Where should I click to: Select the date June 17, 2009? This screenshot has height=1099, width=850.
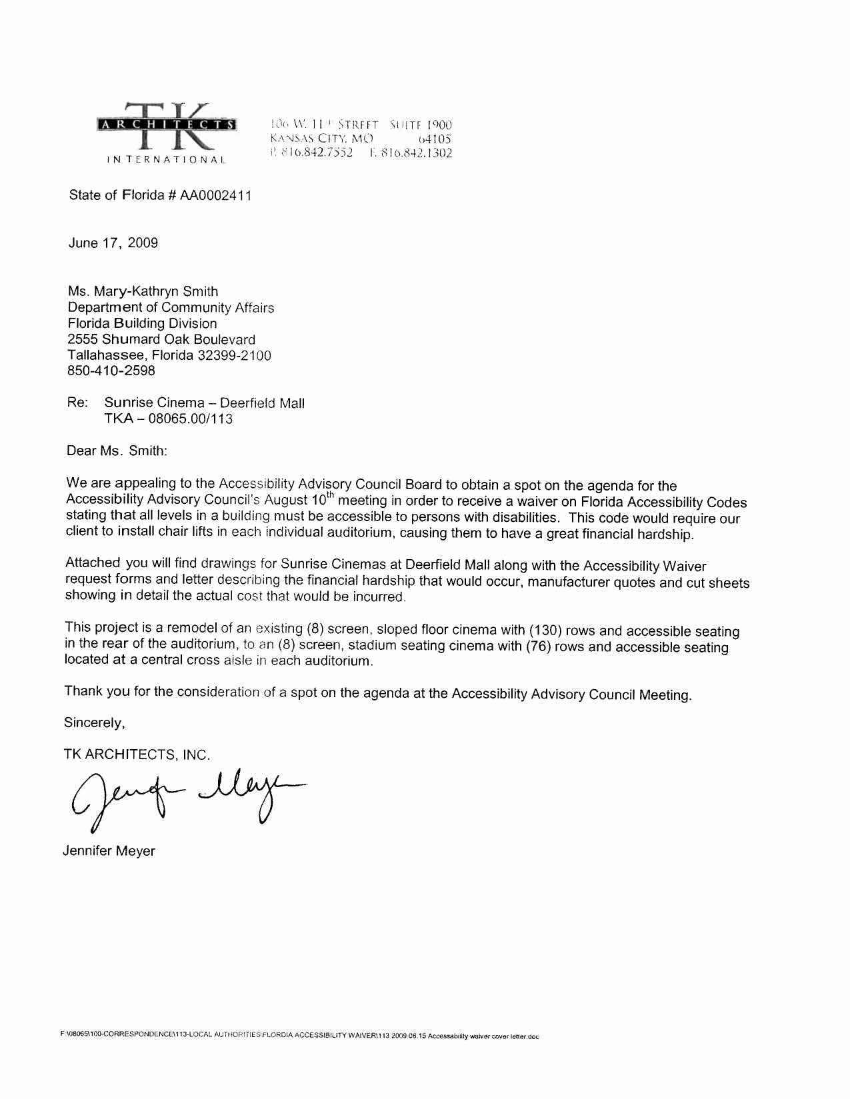pos(113,243)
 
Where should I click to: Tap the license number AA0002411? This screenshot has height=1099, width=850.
pos(216,196)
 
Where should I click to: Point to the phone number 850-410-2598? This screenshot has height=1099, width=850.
pos(111,371)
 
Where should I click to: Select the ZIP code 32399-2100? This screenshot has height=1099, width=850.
pos(234,355)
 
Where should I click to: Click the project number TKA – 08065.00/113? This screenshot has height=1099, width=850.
pos(168,419)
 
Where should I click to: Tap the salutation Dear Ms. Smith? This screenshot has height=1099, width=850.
pos(117,451)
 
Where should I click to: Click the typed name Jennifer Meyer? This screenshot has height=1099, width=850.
pos(109,851)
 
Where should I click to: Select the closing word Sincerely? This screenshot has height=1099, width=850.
pos(94,722)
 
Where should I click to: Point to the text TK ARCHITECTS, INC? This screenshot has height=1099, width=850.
pos(137,754)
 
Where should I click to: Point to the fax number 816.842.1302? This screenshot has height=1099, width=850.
pos(410,153)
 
